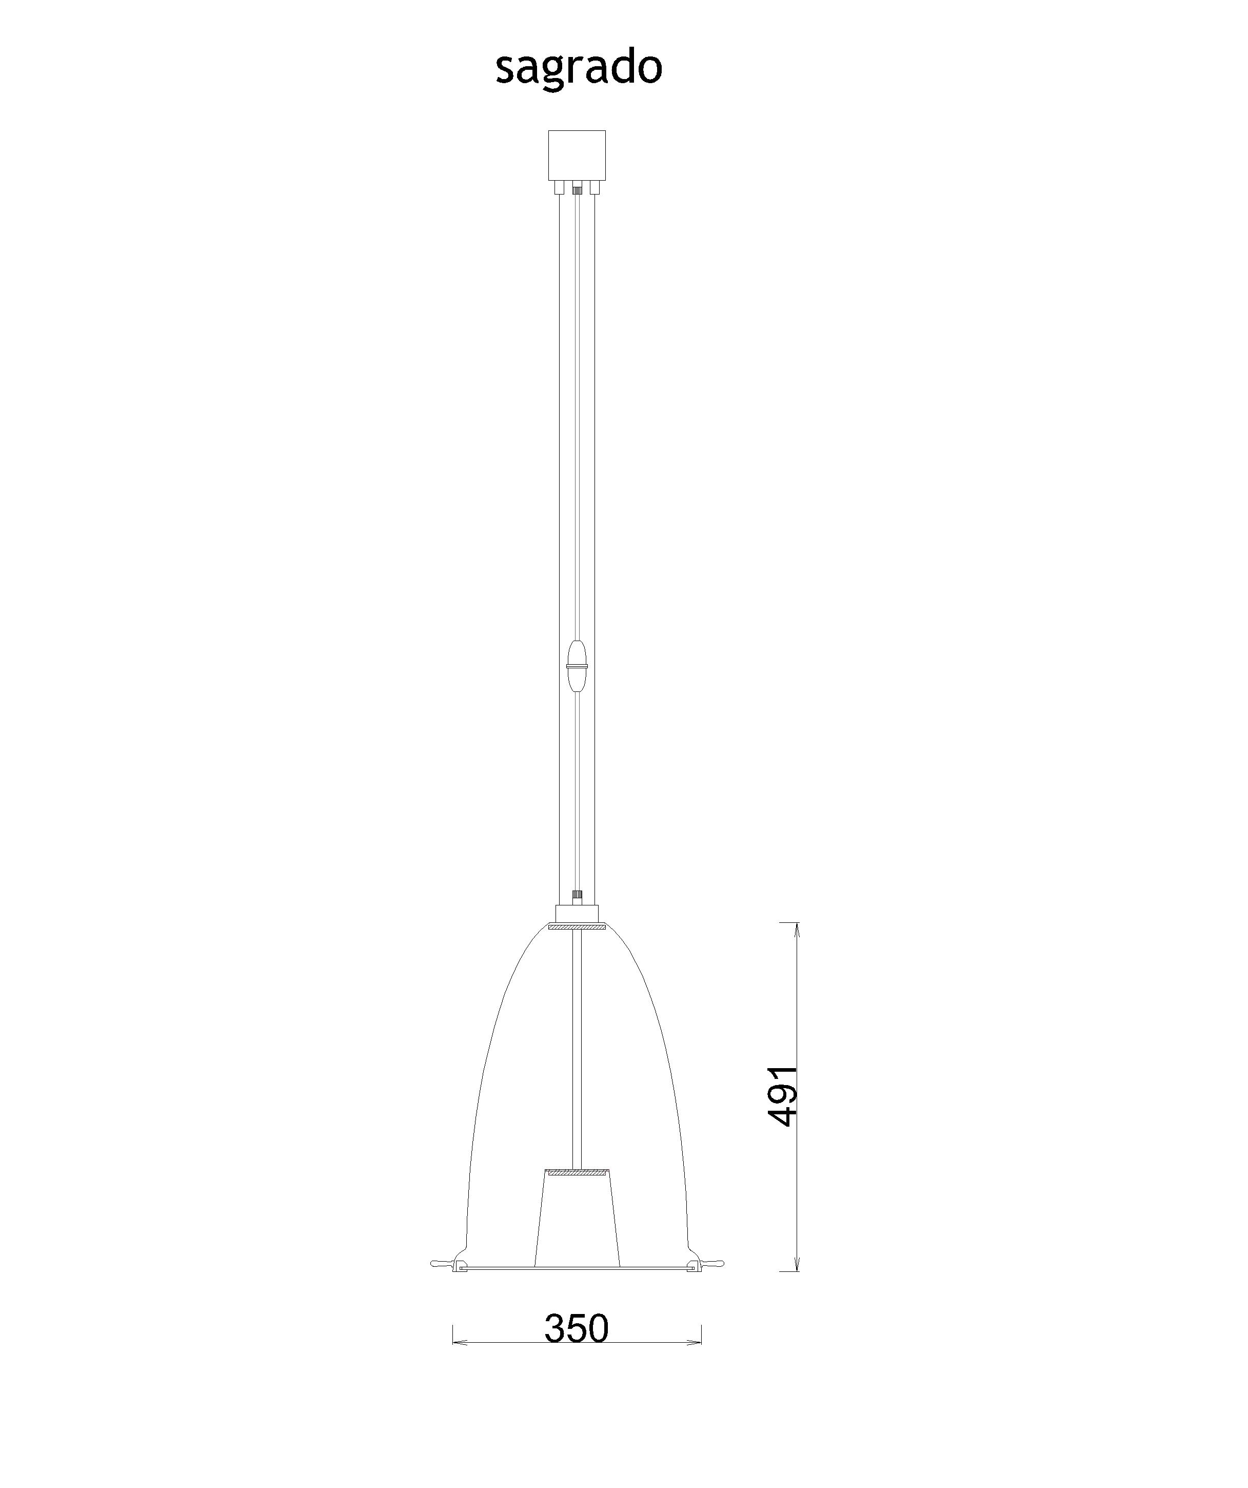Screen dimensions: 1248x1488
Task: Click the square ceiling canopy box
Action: coord(577,154)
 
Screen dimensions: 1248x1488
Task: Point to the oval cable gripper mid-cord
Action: coord(577,666)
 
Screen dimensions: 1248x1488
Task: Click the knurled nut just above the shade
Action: coord(577,896)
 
